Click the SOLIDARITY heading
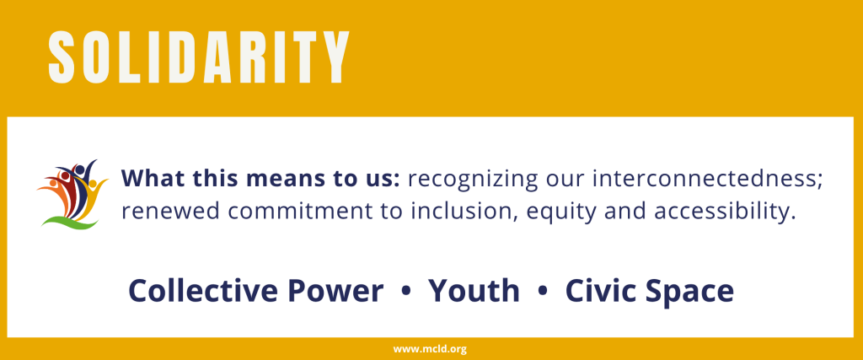click(199, 56)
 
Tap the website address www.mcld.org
click(430, 349)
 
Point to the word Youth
click(474, 291)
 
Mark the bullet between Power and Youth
click(407, 292)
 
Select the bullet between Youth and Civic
click(542, 292)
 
